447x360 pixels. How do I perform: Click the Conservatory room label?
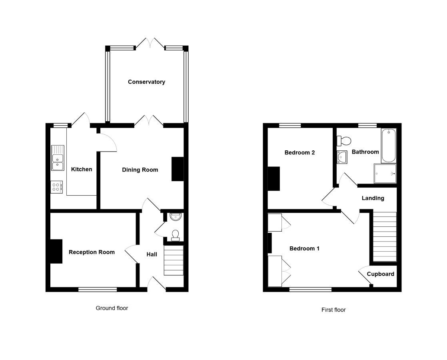tap(146, 82)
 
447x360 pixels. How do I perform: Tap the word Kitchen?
tap(82, 169)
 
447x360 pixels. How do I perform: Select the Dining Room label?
tap(140, 170)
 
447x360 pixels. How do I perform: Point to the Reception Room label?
tap(92, 252)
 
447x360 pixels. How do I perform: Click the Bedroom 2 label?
tap(299, 153)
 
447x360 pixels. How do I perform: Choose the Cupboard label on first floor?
tap(380, 274)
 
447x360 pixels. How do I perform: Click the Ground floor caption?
tap(112, 308)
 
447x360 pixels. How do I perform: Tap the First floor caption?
tap(333, 310)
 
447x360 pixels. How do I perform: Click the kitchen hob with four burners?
tap(56, 187)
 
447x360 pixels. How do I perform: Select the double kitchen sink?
tap(58, 158)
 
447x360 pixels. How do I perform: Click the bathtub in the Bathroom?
tap(389, 146)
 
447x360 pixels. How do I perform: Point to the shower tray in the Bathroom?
tap(385, 174)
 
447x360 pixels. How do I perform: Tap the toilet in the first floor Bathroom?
tap(344, 141)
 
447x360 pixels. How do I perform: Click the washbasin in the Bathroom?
tap(342, 157)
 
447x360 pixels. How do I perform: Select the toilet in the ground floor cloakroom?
tap(176, 235)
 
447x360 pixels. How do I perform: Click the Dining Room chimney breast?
tap(177, 169)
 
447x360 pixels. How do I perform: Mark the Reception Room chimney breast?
tap(56, 251)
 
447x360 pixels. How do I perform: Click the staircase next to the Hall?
tap(174, 260)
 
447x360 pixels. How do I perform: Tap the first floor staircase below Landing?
tap(385, 237)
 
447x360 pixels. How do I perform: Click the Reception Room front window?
tap(98, 290)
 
